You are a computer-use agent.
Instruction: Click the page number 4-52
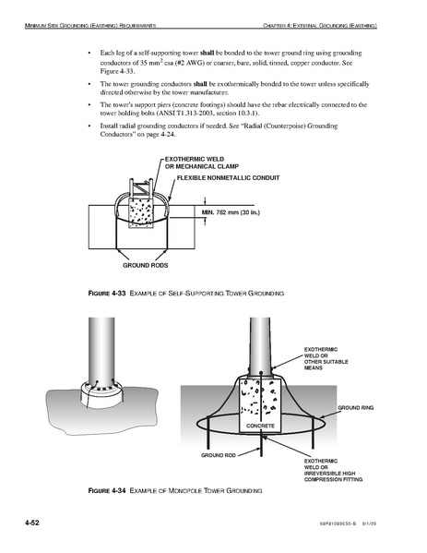[32, 523]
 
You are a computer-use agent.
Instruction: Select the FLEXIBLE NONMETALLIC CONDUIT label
[229, 178]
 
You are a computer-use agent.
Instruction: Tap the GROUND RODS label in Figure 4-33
[146, 265]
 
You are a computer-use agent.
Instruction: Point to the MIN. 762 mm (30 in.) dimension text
[231, 212]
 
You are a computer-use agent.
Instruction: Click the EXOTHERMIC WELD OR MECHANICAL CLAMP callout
[202, 162]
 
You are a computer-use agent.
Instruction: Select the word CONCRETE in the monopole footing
[260, 426]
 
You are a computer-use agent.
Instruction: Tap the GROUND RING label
[356, 408]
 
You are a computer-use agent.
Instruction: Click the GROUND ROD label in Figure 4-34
[219, 455]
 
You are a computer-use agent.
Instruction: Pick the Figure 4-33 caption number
[107, 293]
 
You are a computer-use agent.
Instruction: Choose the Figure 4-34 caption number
[107, 490]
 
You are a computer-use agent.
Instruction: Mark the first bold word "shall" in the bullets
[208, 53]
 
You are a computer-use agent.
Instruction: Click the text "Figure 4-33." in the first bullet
[118, 71]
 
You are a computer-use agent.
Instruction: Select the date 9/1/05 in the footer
[370, 523]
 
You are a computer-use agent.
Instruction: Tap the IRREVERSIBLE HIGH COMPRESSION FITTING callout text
[333, 476]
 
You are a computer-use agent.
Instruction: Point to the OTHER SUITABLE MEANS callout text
[326, 365]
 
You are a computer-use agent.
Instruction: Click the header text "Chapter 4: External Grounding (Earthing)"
[320, 26]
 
